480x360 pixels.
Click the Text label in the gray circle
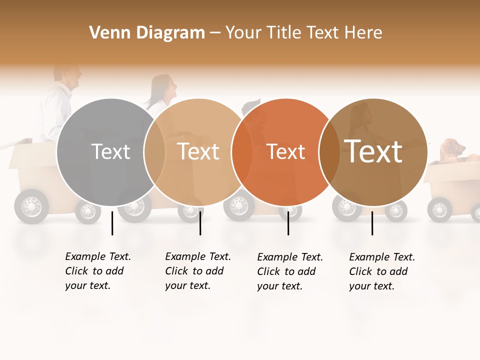111,151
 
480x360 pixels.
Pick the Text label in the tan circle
198,151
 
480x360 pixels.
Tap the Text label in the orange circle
286,151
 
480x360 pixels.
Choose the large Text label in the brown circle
373,151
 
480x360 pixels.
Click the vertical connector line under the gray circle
112,223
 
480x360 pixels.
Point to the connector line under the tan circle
200,223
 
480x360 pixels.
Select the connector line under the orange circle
288,223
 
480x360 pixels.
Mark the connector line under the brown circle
372,223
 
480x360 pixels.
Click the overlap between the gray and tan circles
154,151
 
